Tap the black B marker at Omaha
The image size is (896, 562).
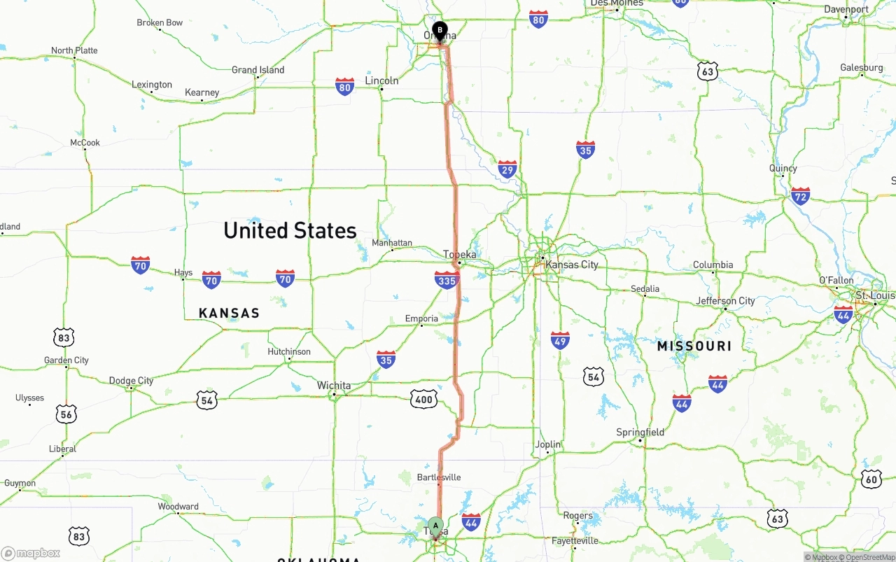pyautogui.click(x=440, y=30)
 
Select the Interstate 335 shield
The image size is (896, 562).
pyautogui.click(x=446, y=281)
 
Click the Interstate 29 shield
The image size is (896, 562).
pyautogui.click(x=507, y=168)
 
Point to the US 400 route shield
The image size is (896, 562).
pyautogui.click(x=423, y=400)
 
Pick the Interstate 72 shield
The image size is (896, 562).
pyautogui.click(x=800, y=195)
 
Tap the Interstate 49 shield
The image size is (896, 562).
pyautogui.click(x=560, y=340)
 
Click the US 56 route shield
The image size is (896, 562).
pyautogui.click(x=67, y=414)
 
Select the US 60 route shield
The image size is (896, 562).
pyautogui.click(x=871, y=478)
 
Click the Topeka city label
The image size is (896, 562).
pyautogui.click(x=460, y=255)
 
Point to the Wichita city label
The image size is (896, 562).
pyautogui.click(x=334, y=386)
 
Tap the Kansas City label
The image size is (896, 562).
pyautogui.click(x=572, y=265)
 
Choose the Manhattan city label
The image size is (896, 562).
pyautogui.click(x=392, y=243)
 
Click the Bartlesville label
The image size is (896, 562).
pyautogui.click(x=439, y=477)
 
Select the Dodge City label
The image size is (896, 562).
pyautogui.click(x=131, y=381)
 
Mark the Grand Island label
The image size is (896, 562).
pyautogui.click(x=258, y=70)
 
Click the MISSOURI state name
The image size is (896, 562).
pyautogui.click(x=694, y=346)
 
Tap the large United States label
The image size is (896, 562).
pyautogui.click(x=290, y=230)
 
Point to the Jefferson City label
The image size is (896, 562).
pyautogui.click(x=725, y=301)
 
